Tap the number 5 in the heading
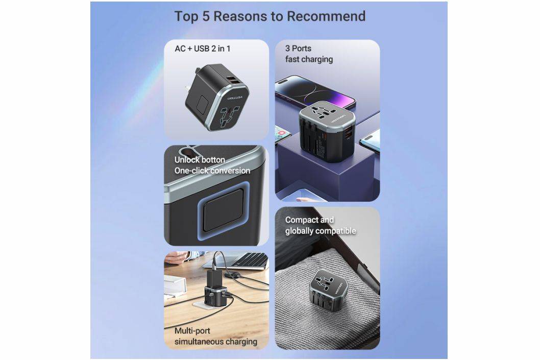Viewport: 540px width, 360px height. (x=206, y=16)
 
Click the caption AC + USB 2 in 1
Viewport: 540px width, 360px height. (x=203, y=49)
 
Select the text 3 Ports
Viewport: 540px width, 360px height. (x=298, y=48)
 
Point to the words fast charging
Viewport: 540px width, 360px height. (x=309, y=59)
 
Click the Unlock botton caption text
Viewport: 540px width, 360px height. (x=200, y=160)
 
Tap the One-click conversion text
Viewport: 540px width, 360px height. (x=212, y=171)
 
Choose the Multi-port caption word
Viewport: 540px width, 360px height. (x=192, y=331)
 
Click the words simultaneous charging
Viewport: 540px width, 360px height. (x=215, y=342)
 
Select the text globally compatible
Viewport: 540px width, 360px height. (x=321, y=231)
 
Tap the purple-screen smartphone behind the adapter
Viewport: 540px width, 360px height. (x=315, y=91)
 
